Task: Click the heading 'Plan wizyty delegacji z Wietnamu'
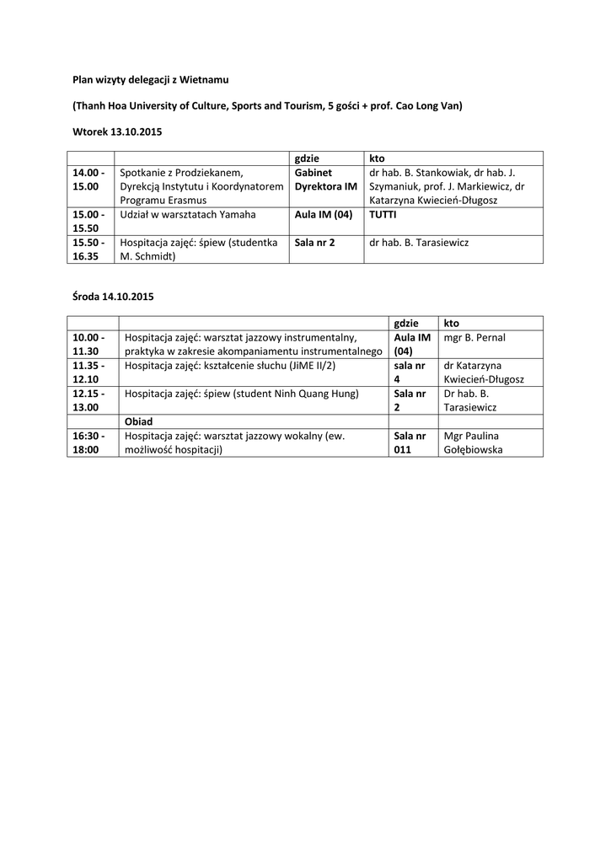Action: click(x=150, y=80)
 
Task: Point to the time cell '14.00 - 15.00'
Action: click(x=89, y=180)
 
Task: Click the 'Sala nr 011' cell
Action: click(x=410, y=443)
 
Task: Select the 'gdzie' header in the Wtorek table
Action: click(x=306, y=158)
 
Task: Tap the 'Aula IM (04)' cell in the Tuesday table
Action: click(x=323, y=215)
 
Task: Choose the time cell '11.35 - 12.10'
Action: click(x=89, y=373)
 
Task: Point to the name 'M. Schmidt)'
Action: click(x=147, y=257)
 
